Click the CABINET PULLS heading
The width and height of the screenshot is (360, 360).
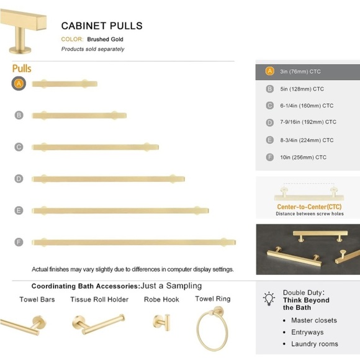(102, 26)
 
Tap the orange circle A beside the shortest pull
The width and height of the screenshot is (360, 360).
(19, 83)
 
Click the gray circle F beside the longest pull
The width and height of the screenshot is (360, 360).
(19, 241)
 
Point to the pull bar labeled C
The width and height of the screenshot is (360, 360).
(95, 147)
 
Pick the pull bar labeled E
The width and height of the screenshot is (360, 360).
(120, 210)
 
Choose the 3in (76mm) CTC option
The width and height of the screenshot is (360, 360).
(300, 71)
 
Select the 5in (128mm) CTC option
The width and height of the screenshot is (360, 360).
(302, 89)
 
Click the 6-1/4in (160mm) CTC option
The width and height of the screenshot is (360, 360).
(307, 106)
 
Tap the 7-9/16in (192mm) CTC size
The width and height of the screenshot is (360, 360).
(308, 122)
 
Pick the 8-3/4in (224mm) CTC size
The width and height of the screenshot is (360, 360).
(307, 140)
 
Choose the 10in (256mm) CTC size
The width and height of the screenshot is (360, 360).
(303, 157)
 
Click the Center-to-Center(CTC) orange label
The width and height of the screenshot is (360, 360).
(308, 207)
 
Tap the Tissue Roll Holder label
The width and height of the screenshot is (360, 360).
(99, 299)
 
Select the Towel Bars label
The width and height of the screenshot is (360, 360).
(37, 299)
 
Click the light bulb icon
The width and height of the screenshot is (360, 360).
(269, 299)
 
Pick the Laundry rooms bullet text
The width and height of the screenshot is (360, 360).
(314, 344)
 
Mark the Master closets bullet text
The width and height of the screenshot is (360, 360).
(313, 320)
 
